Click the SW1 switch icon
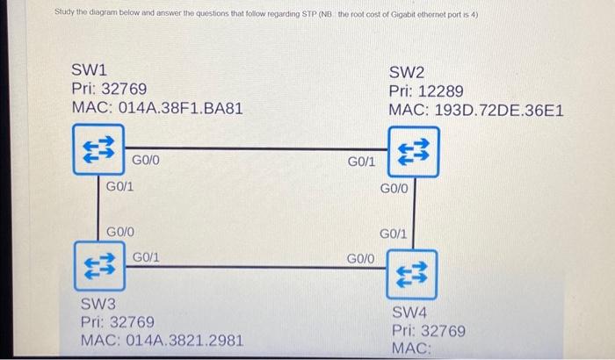click(97, 150)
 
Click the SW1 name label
click(90, 68)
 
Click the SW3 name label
click(98, 303)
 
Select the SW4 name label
click(410, 312)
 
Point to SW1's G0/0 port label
click(146, 161)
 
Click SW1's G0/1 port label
click(119, 186)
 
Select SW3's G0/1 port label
click(146, 256)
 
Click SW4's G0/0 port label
click(361, 258)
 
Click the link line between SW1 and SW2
click(255, 148)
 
